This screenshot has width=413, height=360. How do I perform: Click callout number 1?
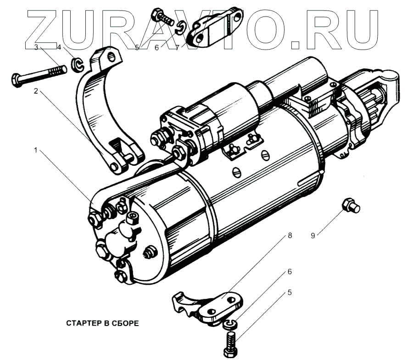35,150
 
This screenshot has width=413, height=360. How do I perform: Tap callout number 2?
35,91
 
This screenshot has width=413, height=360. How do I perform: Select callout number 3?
35,47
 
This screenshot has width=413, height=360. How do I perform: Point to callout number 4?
59,47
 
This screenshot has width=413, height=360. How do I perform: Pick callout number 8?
290,236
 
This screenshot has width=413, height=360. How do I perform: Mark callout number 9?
313,236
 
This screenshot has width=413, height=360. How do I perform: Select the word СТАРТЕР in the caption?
83,323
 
